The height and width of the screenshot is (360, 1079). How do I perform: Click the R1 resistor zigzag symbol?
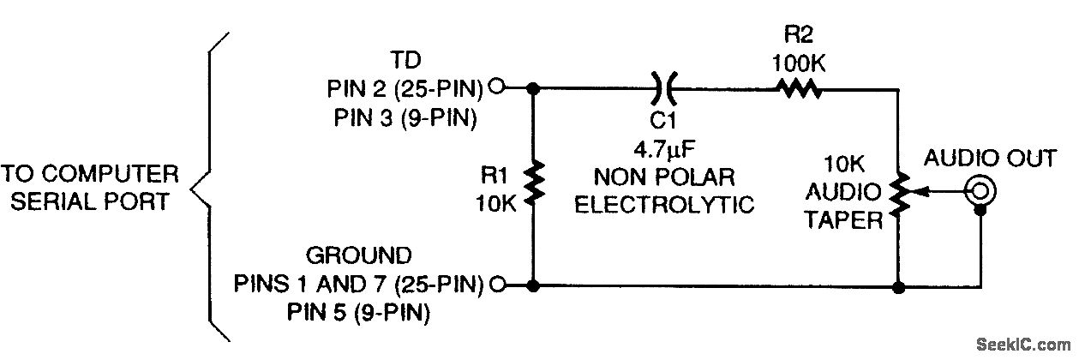point(534,183)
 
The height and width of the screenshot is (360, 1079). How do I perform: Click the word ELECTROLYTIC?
point(664,205)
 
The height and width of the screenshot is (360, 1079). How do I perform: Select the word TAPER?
point(849,221)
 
